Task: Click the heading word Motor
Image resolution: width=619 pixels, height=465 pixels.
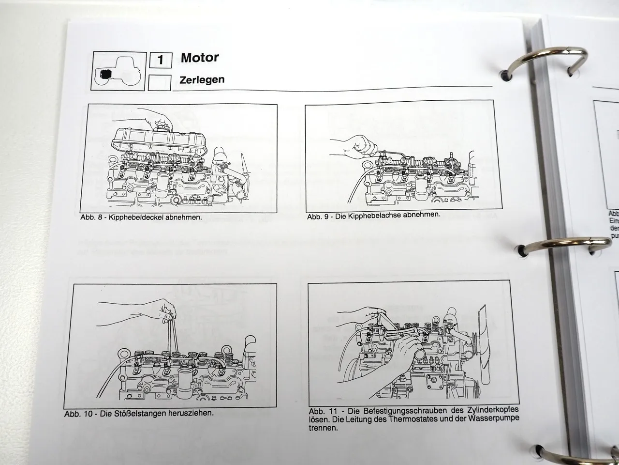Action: tap(200, 58)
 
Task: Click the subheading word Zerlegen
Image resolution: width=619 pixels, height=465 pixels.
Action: tap(202, 79)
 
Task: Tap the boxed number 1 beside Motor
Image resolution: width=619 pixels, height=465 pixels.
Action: tap(161, 61)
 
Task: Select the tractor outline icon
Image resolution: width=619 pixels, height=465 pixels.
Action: tap(118, 71)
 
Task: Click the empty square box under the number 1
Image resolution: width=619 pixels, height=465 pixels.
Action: tap(160, 83)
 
